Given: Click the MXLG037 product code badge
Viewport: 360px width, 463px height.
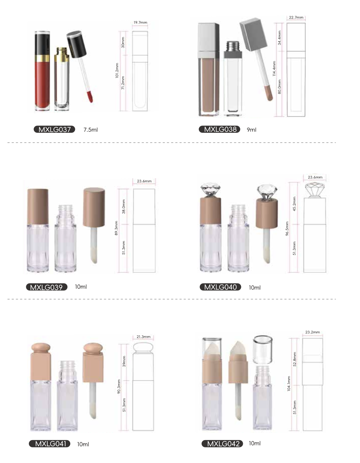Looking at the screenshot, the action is pos(54,129).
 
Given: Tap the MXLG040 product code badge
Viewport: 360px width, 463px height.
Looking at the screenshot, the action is pos(220,287).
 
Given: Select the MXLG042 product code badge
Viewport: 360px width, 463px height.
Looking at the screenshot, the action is pos(222,444).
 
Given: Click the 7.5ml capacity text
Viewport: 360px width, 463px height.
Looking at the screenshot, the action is pos(91,129).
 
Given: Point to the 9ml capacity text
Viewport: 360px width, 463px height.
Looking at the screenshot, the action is pos(252,129).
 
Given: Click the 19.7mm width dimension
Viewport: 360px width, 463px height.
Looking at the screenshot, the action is pos(140,23).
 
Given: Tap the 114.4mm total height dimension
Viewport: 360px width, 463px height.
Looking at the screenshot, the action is pos(274,69).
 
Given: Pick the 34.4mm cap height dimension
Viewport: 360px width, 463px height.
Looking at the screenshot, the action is pos(280,38).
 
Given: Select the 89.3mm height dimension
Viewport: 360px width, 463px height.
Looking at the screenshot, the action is pos(116,228).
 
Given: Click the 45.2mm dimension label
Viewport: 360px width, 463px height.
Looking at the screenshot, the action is pos(294,204).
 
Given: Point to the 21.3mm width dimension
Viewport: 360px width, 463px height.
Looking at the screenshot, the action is pos(143,337).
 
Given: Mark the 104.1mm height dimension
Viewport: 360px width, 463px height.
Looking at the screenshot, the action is pos(289,383).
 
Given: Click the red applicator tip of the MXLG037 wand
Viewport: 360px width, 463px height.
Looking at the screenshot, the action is pos(90,96).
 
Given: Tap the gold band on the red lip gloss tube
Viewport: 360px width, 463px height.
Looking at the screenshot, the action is pos(42,58).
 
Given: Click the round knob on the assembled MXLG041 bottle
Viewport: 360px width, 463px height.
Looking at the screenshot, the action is pos(41,347).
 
